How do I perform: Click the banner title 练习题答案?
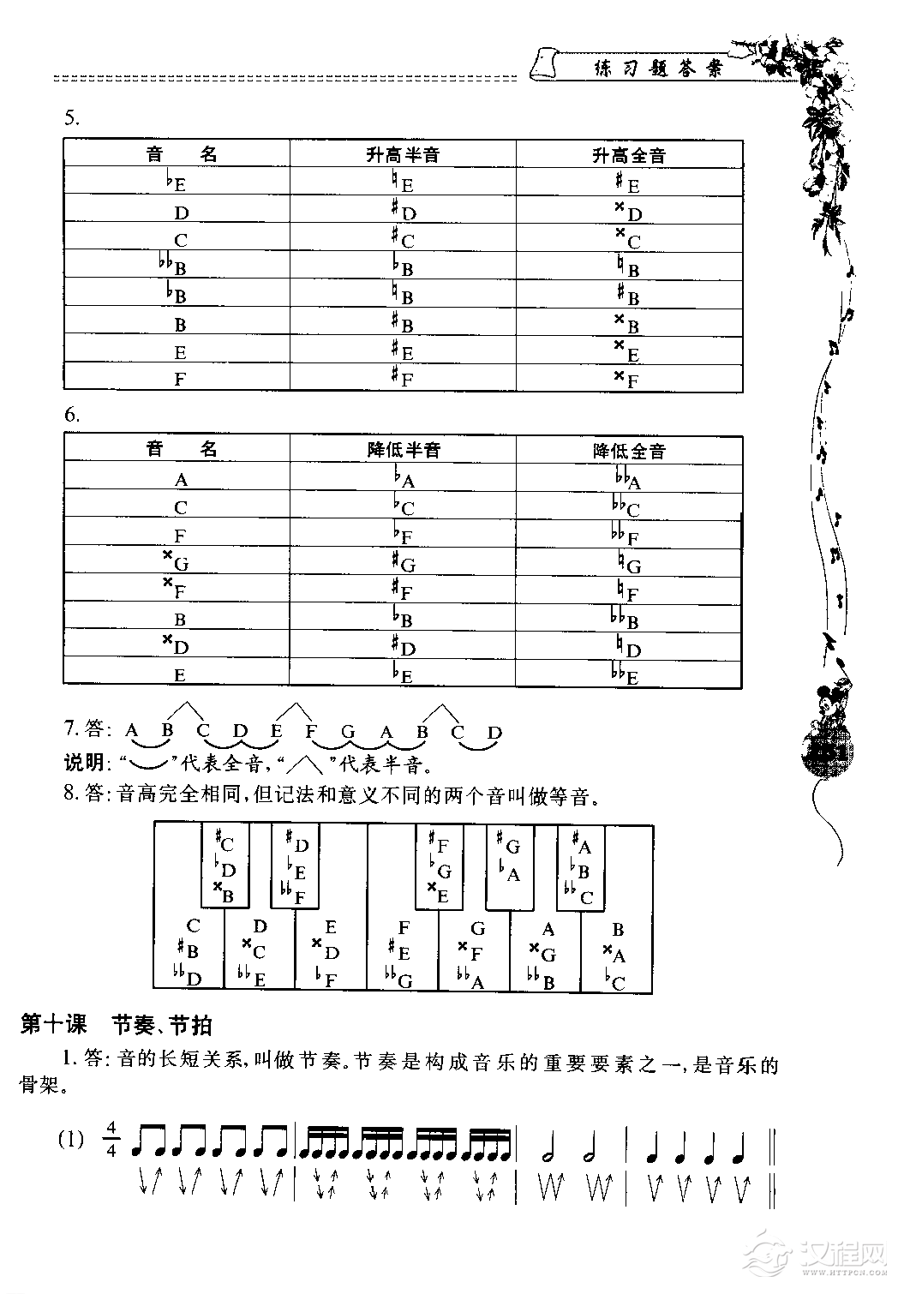pos(658,69)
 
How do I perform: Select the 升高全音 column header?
pos(629,155)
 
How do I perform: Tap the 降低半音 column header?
pos(403,450)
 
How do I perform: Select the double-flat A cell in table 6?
pos(628,479)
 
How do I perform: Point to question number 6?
pos(72,416)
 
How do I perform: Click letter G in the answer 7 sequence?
pos(348,732)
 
